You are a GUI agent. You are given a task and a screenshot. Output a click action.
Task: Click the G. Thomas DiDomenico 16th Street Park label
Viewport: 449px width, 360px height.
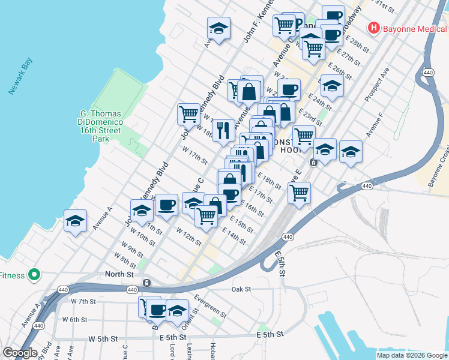coord(101,125)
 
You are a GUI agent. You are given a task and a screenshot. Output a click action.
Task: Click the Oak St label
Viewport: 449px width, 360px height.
coord(241,289)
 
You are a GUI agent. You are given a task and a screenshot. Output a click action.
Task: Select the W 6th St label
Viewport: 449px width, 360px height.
coord(74,320)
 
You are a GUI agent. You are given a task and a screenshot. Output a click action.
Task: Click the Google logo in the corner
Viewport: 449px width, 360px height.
coord(20,353)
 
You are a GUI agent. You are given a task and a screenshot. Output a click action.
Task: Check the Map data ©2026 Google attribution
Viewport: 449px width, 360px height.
coord(412,355)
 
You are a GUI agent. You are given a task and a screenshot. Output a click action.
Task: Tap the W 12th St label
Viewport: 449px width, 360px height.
coord(188,235)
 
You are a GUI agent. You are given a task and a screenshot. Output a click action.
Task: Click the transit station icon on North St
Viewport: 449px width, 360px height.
coord(146,283)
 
